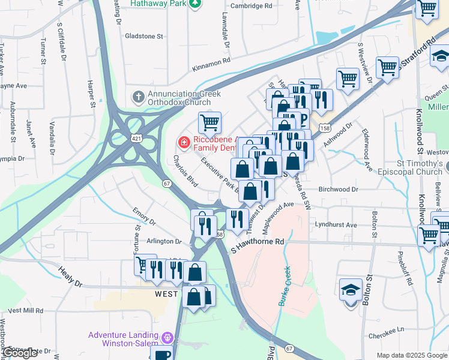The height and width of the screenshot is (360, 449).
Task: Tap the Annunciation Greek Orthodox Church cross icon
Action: click(x=138, y=96)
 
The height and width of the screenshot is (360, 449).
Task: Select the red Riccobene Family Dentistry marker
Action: click(x=183, y=142)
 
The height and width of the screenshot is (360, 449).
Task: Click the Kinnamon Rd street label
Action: click(x=211, y=61)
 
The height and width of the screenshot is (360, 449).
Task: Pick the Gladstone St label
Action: click(x=143, y=36)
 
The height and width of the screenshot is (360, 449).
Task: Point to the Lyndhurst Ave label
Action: click(x=335, y=225)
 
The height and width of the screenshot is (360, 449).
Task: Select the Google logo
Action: click(x=20, y=353)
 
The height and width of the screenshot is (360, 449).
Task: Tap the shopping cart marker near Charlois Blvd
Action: click(x=209, y=122)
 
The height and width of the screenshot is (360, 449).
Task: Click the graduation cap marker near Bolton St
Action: click(x=351, y=290)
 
